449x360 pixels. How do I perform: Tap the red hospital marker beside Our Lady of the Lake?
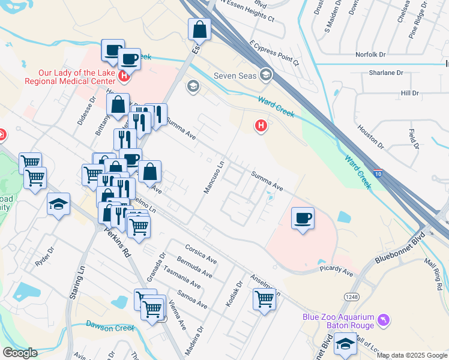click(124, 76)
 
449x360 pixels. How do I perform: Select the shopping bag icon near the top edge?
click(199, 29)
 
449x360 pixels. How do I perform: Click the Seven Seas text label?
click(235, 75)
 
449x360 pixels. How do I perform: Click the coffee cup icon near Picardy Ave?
click(303, 217)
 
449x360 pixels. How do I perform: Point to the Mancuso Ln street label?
click(214, 176)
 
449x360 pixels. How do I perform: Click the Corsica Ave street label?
click(200, 254)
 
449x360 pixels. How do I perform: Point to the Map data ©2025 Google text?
click(411, 355)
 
